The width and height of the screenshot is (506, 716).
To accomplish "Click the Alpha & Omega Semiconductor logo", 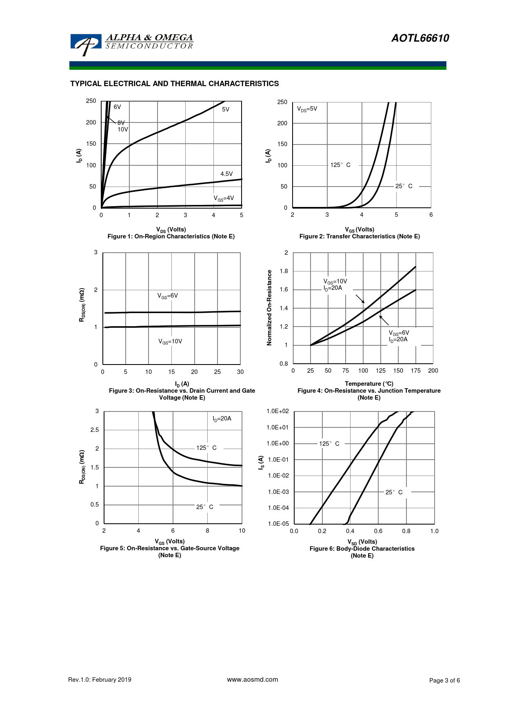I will tap(132, 43).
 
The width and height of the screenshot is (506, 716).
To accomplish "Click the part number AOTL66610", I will tap(420, 38).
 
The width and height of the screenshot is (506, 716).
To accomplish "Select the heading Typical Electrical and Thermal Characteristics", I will tap(174, 84).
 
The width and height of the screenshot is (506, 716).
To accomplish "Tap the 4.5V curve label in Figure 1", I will tap(226, 174).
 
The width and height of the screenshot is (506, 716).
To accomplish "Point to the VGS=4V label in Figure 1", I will tap(224, 198).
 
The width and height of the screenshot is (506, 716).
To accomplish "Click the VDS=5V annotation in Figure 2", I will tap(307, 109).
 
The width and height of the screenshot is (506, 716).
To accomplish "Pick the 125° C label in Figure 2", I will tap(340, 165).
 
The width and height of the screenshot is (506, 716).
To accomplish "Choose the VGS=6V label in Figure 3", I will tap(168, 296).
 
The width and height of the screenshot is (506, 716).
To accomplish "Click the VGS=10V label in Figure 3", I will tap(170, 342).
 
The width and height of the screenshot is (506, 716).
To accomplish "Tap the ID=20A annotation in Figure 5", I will tap(222, 419).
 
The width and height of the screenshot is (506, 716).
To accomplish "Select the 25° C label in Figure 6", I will tap(394, 492).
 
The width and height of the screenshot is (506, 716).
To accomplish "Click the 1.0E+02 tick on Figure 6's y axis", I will tap(277, 411).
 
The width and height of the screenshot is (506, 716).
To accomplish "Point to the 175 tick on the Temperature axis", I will tap(415, 371).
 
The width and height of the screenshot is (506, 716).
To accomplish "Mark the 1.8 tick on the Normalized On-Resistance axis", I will tap(284, 271).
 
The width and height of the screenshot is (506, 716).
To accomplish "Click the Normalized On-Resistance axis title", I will tap(269, 308).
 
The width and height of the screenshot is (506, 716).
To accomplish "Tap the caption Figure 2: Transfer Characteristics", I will tap(360, 236).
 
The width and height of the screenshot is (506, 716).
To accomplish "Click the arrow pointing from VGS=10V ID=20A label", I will tap(360, 299).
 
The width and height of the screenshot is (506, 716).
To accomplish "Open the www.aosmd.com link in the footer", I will tap(253, 680).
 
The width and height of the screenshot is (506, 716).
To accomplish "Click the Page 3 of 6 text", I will tap(444, 680).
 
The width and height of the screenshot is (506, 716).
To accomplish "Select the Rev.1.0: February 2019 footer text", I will tap(100, 680).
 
